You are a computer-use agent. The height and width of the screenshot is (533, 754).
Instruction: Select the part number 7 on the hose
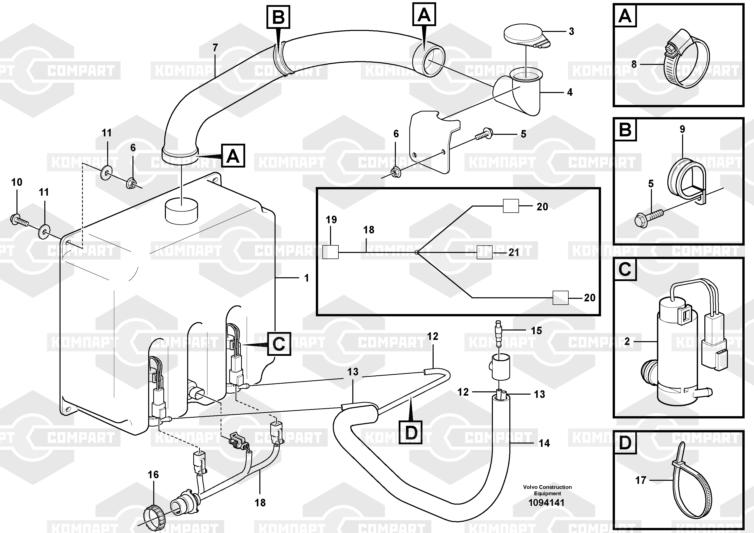(x=215, y=48)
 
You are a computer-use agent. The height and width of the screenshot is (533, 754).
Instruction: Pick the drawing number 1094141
(x=547, y=503)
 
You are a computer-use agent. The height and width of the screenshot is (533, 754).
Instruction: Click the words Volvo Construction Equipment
(x=547, y=490)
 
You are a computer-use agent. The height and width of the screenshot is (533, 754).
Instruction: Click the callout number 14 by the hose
(x=544, y=443)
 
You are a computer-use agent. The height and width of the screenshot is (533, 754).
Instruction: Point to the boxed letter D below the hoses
(x=411, y=432)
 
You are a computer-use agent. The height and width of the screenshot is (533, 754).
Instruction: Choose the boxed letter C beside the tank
(x=279, y=344)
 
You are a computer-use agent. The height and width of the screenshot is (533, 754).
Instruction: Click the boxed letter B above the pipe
(x=279, y=16)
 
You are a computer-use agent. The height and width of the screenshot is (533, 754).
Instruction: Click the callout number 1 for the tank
(x=306, y=278)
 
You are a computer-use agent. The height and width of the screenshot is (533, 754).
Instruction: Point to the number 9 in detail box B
(x=682, y=129)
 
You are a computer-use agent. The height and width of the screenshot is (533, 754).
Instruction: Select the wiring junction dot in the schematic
(x=416, y=252)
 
